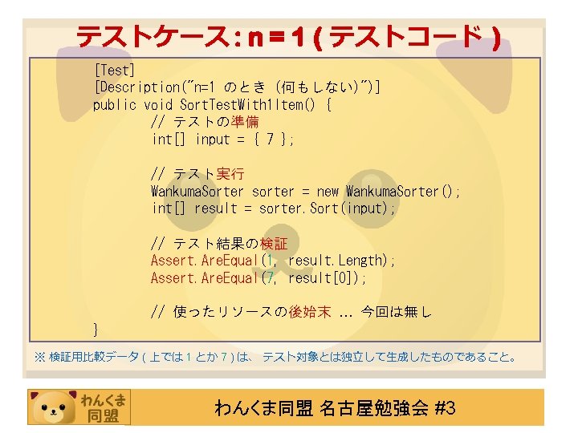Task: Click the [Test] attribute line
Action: [x=114, y=70]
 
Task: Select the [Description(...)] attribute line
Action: [x=237, y=87]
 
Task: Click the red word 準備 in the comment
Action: [x=245, y=122]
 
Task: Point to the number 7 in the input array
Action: [x=270, y=140]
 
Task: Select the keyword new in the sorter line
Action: [x=328, y=192]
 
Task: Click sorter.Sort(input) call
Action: [x=327, y=208]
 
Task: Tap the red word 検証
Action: [x=274, y=243]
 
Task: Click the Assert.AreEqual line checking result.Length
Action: [x=273, y=261]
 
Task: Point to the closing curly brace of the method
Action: [x=96, y=329]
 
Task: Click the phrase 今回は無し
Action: [x=397, y=312]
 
